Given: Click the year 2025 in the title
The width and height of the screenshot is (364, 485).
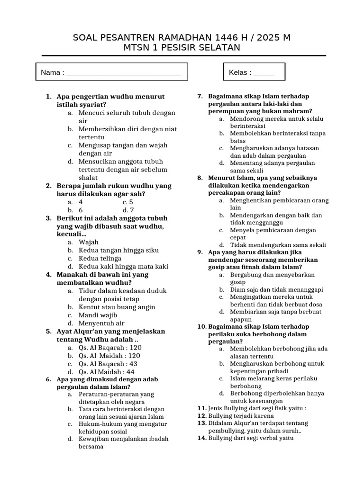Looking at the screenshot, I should pyautogui.click(x=266, y=37).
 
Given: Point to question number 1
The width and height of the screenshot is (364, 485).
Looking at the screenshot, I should pyautogui.click(x=48, y=97).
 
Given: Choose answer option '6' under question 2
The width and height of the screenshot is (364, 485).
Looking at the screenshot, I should pyautogui.click(x=81, y=210).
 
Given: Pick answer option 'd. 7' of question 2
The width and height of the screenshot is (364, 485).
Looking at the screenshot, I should pyautogui.click(x=128, y=210).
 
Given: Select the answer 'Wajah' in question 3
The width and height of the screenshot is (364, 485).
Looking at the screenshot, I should pyautogui.click(x=89, y=242).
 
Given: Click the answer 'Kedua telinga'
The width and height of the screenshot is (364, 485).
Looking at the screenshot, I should pyautogui.click(x=100, y=258).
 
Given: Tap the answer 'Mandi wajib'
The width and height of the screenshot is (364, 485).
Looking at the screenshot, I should pyautogui.click(x=98, y=315).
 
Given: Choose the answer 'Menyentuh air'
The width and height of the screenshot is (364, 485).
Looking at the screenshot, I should pyautogui.click(x=101, y=323).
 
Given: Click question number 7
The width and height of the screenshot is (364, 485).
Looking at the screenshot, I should pyautogui.click(x=200, y=97).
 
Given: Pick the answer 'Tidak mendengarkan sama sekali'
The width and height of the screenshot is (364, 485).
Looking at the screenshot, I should pyautogui.click(x=278, y=245).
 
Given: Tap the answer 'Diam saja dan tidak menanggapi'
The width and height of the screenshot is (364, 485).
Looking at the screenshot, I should pyautogui.click(x=277, y=289).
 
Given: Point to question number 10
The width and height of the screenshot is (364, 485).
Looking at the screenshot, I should pyautogui.click(x=201, y=326).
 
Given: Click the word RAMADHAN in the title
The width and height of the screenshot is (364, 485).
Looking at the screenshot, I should pyautogui.click(x=170, y=37).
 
